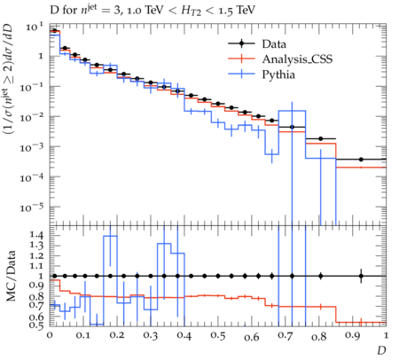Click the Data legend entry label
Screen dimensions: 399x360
click(274, 44)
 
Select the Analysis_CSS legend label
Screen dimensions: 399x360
click(297, 59)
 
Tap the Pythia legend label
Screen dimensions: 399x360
click(278, 74)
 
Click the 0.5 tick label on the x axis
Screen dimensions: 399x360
click(218, 336)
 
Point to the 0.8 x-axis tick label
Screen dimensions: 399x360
click(319, 336)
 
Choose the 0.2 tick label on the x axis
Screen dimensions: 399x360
click(117, 336)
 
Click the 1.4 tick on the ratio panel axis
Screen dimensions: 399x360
click(36, 235)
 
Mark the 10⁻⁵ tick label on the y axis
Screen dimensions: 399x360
click(33, 207)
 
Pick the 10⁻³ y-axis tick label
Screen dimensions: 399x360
click(33, 147)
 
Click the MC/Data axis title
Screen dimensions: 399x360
click(12, 276)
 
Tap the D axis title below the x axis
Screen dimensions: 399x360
click(381, 350)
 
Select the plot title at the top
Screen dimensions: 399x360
click(153, 11)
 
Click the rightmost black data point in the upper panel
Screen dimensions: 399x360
click(361, 160)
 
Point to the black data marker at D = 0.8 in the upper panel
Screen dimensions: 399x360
click(321, 138)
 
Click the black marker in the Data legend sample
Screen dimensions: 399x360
click(241, 43)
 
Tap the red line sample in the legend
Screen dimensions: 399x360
click(241, 59)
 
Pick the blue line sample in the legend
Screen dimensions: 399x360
click(241, 74)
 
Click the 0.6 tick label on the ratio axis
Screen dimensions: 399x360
click(36, 317)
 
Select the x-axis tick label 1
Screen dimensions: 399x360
click(386, 336)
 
